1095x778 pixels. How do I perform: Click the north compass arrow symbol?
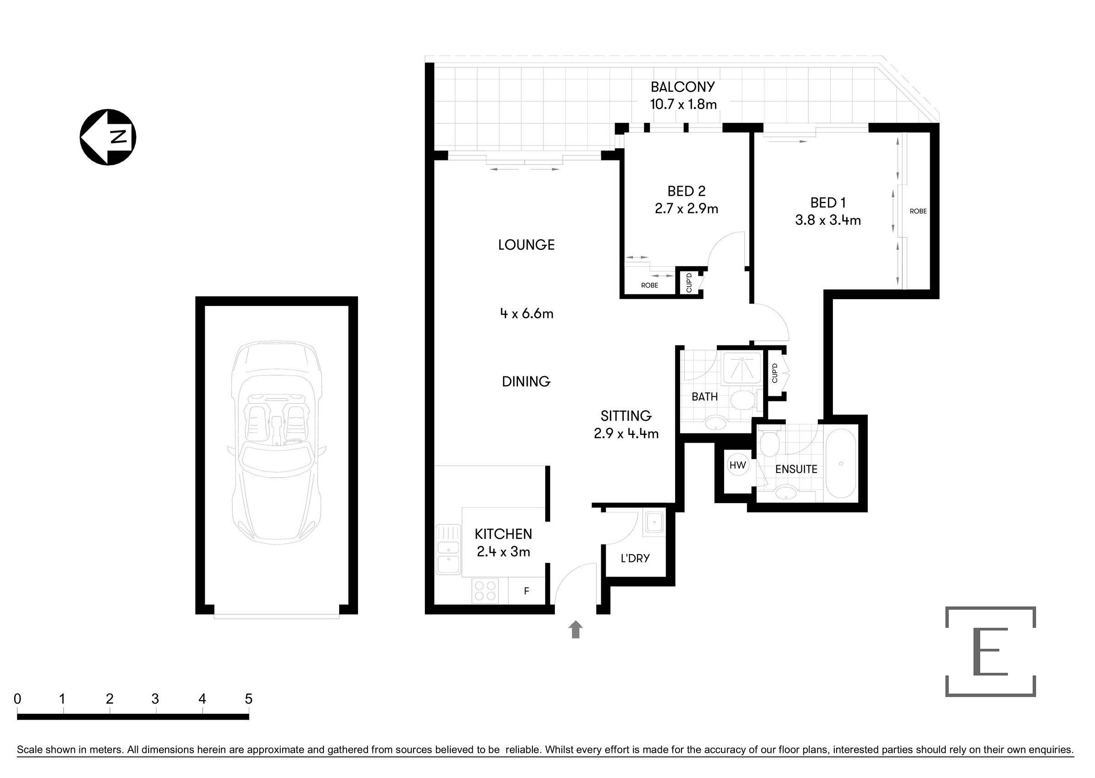coord(108,137)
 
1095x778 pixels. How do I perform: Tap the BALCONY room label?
coord(682,87)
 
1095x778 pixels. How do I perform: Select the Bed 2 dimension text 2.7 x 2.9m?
coord(686,208)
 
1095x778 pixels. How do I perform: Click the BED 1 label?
coord(827,203)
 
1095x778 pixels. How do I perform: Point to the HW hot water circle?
coord(737,465)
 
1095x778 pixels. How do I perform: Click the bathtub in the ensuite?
coord(841,463)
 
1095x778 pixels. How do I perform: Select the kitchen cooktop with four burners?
coord(485,591)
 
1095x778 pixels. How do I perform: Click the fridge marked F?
coord(526,591)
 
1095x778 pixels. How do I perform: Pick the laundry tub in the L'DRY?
coord(654,522)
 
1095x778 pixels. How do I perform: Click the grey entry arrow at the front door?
coord(575,629)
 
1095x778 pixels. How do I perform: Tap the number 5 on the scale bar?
coord(248,699)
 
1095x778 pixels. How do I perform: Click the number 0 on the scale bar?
coord(17,699)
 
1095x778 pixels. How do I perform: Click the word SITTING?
coord(626,415)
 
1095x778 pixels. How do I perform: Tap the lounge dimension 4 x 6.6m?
coord(527,314)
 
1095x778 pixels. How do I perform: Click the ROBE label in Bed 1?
coord(918,211)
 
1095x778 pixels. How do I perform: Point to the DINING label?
coord(526,381)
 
